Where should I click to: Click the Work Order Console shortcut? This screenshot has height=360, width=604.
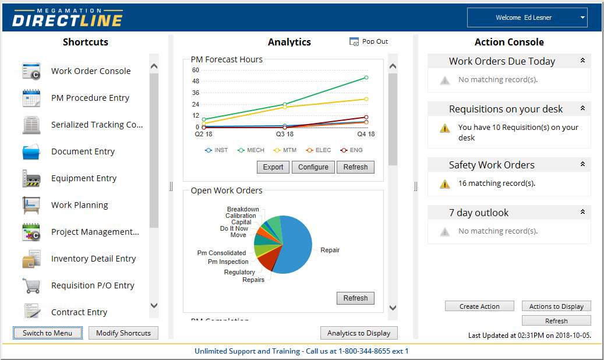tap(90, 71)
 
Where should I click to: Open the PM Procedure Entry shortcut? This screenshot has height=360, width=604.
tap(90, 98)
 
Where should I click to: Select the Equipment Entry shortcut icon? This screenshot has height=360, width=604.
tap(31, 178)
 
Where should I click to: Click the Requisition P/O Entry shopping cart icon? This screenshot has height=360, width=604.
tap(31, 285)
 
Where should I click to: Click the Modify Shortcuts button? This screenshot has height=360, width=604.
tap(123, 333)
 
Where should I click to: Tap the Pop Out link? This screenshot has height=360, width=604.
tap(375, 41)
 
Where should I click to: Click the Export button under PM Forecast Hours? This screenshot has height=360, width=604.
tap(273, 167)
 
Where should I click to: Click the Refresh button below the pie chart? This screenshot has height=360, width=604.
tap(355, 298)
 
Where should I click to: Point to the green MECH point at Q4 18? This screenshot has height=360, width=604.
tap(366, 77)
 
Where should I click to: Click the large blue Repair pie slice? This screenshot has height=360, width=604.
tap(294, 245)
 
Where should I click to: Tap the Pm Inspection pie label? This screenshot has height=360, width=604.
tap(228, 262)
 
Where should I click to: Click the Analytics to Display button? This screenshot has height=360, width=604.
tap(359, 333)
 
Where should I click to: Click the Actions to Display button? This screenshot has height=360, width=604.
tap(556, 306)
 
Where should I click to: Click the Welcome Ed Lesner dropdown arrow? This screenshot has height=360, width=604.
tap(582, 17)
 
